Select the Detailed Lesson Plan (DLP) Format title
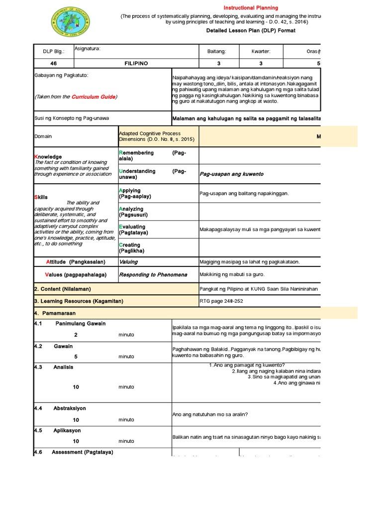tap(251, 30)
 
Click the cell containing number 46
tap(53, 63)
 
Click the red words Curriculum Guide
tap(94, 97)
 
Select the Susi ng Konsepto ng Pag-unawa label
tap(71, 118)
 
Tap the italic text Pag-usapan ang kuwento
tap(231, 174)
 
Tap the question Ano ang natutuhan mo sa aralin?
tap(210, 414)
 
